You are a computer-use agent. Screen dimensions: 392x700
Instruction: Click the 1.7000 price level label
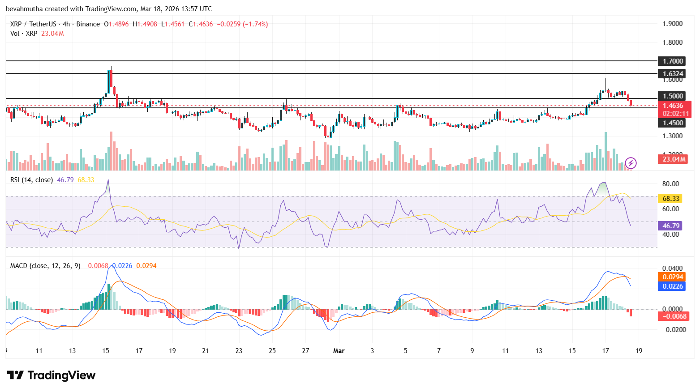673,61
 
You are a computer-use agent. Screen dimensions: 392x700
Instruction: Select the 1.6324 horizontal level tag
673,74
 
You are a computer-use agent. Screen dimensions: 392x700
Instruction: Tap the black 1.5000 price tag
673,96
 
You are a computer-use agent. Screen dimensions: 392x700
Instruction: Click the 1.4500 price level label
673,123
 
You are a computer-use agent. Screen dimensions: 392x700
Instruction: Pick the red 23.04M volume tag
674,159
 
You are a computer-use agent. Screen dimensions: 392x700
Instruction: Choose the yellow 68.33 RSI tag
671,198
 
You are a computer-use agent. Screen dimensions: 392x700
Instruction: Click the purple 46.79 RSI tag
671,226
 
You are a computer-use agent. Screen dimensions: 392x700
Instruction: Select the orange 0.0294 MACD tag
673,277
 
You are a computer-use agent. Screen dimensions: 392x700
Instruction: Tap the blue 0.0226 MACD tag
673,286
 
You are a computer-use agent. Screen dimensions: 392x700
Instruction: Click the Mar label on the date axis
339,351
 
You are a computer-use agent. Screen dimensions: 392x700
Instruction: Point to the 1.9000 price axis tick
672,24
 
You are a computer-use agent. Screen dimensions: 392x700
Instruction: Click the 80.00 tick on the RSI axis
670,184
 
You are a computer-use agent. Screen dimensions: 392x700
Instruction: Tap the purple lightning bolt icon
631,163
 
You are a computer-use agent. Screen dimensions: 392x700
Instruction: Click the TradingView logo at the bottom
51,375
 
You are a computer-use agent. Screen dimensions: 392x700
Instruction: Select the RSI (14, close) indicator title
31,180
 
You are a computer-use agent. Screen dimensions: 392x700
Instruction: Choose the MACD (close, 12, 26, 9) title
45,266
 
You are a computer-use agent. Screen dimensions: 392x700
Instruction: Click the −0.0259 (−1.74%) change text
242,24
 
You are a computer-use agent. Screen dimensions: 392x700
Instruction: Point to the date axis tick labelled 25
272,351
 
